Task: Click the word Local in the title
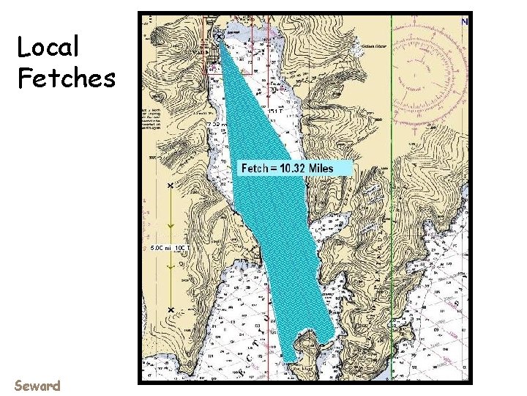click(x=48, y=48)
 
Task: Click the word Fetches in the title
click(x=67, y=76)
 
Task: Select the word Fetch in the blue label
click(x=257, y=168)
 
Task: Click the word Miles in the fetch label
click(x=321, y=168)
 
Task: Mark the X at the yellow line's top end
click(x=171, y=188)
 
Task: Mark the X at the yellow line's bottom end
click(x=171, y=310)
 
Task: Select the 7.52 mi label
click(x=217, y=125)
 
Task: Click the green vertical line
click(x=392, y=220)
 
